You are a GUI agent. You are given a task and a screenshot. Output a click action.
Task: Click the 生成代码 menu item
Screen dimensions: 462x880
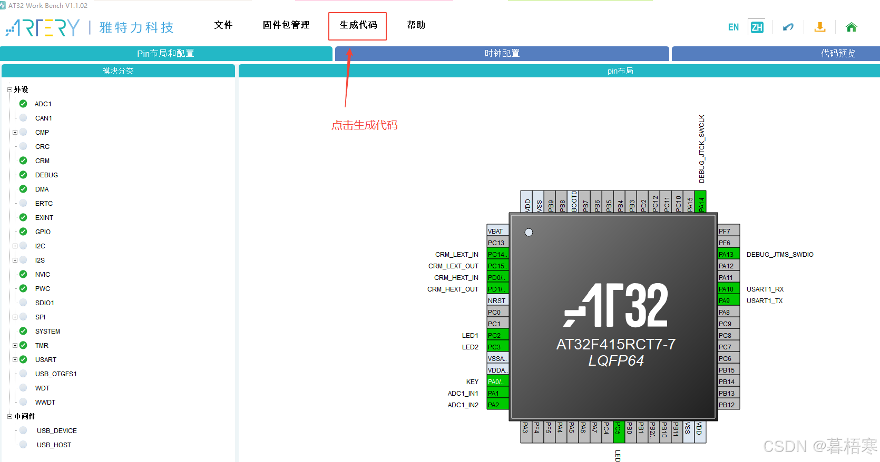click(x=358, y=25)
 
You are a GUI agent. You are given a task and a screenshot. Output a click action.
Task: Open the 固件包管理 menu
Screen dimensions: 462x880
click(x=286, y=25)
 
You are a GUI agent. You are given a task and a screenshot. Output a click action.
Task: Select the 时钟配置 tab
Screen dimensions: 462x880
click(x=502, y=54)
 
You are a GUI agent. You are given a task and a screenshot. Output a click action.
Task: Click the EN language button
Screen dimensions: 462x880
click(x=733, y=27)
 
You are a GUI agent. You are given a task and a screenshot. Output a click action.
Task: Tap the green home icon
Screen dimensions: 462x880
click(x=851, y=27)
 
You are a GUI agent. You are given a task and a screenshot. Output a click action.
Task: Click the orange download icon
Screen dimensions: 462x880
click(x=819, y=27)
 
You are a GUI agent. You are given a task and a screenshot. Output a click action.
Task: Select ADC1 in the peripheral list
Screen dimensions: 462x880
click(x=43, y=104)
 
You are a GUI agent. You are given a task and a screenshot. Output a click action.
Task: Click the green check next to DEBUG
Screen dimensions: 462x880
click(x=23, y=175)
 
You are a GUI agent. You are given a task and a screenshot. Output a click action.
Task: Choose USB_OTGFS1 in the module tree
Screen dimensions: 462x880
click(x=56, y=374)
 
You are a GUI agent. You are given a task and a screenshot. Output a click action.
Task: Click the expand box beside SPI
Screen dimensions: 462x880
click(x=15, y=317)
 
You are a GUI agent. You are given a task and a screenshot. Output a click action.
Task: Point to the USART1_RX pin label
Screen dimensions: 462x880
click(x=765, y=289)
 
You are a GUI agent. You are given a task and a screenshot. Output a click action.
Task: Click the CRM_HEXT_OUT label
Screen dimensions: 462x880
click(x=453, y=289)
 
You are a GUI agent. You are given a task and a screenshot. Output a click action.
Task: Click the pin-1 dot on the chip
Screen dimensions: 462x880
click(x=529, y=232)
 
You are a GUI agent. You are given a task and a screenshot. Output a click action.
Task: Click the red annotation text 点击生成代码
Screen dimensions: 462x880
click(x=364, y=125)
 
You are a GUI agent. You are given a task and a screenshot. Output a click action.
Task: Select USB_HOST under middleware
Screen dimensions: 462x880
click(x=54, y=445)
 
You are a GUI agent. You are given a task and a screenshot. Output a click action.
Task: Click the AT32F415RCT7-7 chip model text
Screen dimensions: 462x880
click(x=615, y=344)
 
